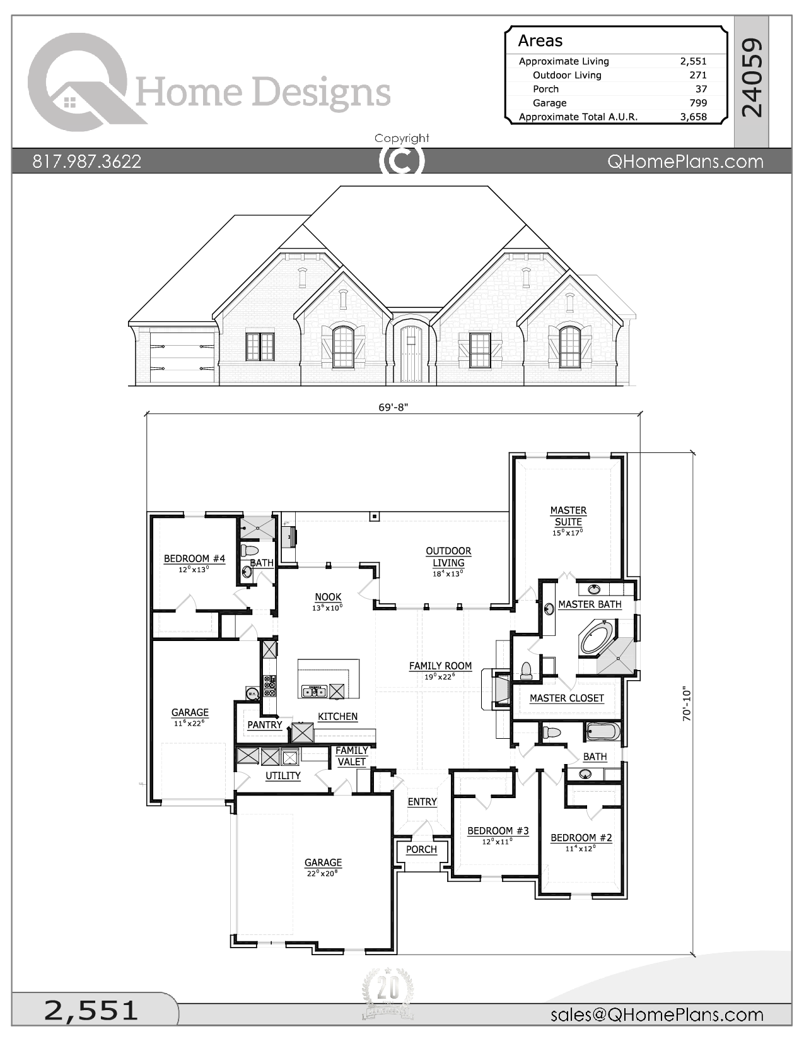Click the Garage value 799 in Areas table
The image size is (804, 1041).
click(697, 103)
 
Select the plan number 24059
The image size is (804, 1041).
click(752, 78)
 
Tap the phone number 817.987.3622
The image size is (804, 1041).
click(87, 162)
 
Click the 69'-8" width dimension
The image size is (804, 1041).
click(393, 407)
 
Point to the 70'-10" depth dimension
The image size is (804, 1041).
click(687, 703)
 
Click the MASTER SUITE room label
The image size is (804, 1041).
click(568, 516)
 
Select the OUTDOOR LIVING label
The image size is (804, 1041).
click(448, 557)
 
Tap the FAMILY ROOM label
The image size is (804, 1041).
click(440, 666)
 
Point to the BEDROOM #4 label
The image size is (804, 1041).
click(194, 559)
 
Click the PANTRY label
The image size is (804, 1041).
click(265, 725)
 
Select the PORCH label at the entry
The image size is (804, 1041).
click(421, 850)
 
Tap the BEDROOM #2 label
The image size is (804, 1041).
click(581, 838)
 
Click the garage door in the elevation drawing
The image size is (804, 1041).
click(182, 357)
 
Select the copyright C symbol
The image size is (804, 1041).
click(402, 160)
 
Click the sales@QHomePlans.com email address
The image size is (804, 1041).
click(656, 1015)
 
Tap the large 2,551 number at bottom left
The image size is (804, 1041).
click(91, 1010)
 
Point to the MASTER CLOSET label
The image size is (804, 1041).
click(566, 698)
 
